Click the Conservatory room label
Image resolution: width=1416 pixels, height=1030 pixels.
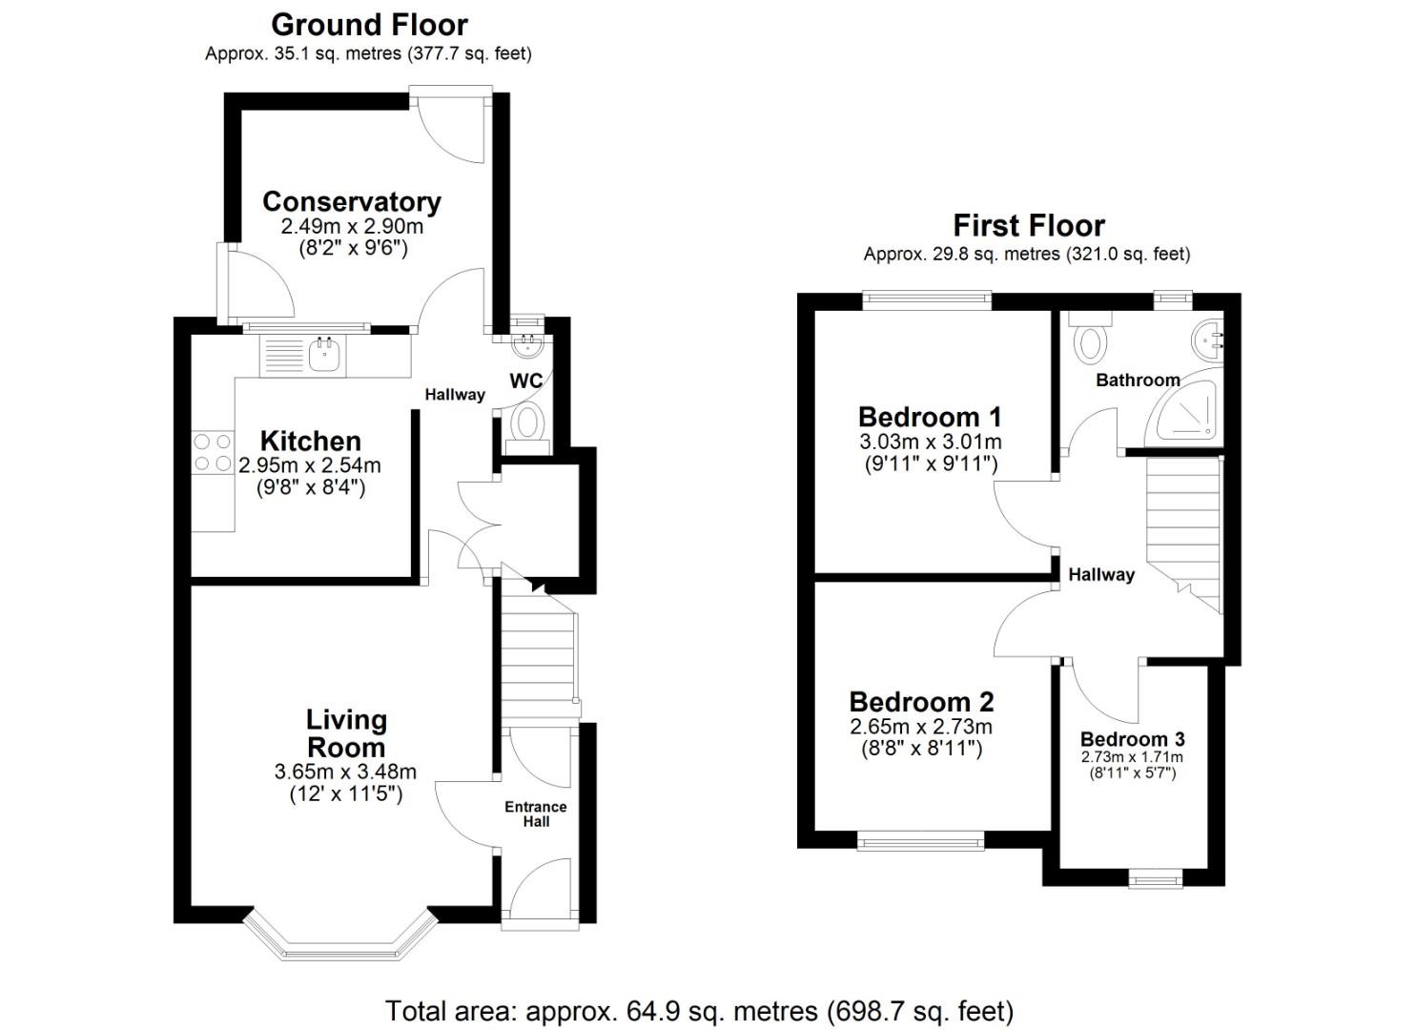(x=351, y=202)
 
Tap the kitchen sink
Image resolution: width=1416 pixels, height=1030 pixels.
(x=324, y=355)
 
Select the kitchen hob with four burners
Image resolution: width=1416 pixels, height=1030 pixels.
(x=212, y=453)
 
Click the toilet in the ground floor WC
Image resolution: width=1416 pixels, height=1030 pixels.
(x=526, y=422)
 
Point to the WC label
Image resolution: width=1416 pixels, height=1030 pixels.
(x=525, y=381)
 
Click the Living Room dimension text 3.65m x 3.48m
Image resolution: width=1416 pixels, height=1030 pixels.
(x=345, y=772)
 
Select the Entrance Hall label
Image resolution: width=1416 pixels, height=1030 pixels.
(x=535, y=814)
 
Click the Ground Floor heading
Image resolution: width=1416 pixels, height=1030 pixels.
(x=369, y=24)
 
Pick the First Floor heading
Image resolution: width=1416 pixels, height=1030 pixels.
(x=1028, y=226)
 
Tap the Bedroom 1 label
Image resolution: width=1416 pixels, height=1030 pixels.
(x=930, y=417)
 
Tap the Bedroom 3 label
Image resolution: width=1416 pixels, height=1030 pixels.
(x=1132, y=739)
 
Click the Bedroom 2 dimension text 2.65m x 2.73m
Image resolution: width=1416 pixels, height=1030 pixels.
(x=920, y=727)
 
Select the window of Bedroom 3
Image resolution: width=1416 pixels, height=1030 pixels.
(x=1155, y=877)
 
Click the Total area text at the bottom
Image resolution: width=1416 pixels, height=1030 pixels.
(x=699, y=1010)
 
